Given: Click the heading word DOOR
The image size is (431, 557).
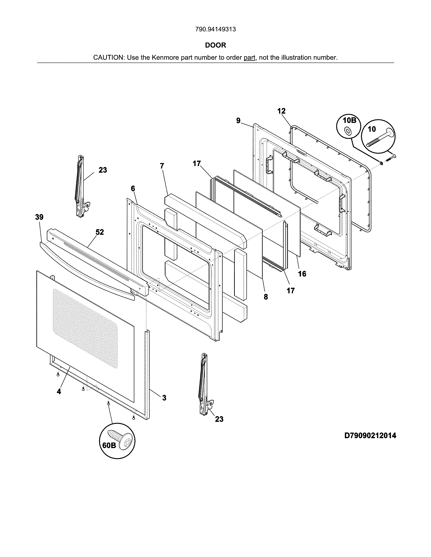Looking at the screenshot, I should (x=215, y=45).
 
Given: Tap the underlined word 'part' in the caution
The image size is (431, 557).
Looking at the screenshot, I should (x=249, y=58).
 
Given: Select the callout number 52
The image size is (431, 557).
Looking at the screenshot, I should (x=100, y=232).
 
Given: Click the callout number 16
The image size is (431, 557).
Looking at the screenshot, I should (x=302, y=274).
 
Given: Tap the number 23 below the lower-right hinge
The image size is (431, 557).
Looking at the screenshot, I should (x=219, y=419).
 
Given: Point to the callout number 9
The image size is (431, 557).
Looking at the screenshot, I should (x=238, y=121).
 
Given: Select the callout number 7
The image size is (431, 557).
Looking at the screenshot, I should (x=162, y=166).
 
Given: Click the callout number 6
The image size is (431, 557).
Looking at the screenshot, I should (x=133, y=189).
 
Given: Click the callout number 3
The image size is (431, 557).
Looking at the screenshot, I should (x=164, y=398).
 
